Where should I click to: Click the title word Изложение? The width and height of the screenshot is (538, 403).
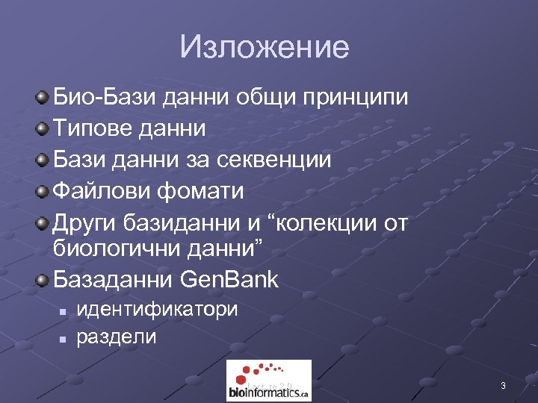point(264,48)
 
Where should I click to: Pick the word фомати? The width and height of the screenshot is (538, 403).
point(200,191)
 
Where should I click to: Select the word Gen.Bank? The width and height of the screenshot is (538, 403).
point(230,280)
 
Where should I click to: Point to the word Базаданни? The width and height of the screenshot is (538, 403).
point(114,280)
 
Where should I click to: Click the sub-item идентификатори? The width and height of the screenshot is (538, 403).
point(158,309)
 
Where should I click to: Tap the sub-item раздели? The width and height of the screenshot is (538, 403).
point(117,337)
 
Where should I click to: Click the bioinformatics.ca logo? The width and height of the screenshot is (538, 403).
point(268,381)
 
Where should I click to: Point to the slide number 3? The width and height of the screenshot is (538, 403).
point(503,386)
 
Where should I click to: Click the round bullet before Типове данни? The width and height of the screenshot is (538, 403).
point(44,129)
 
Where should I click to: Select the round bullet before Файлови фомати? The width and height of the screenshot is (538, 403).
point(44,192)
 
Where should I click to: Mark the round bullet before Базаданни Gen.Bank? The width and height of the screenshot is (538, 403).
point(44,281)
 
